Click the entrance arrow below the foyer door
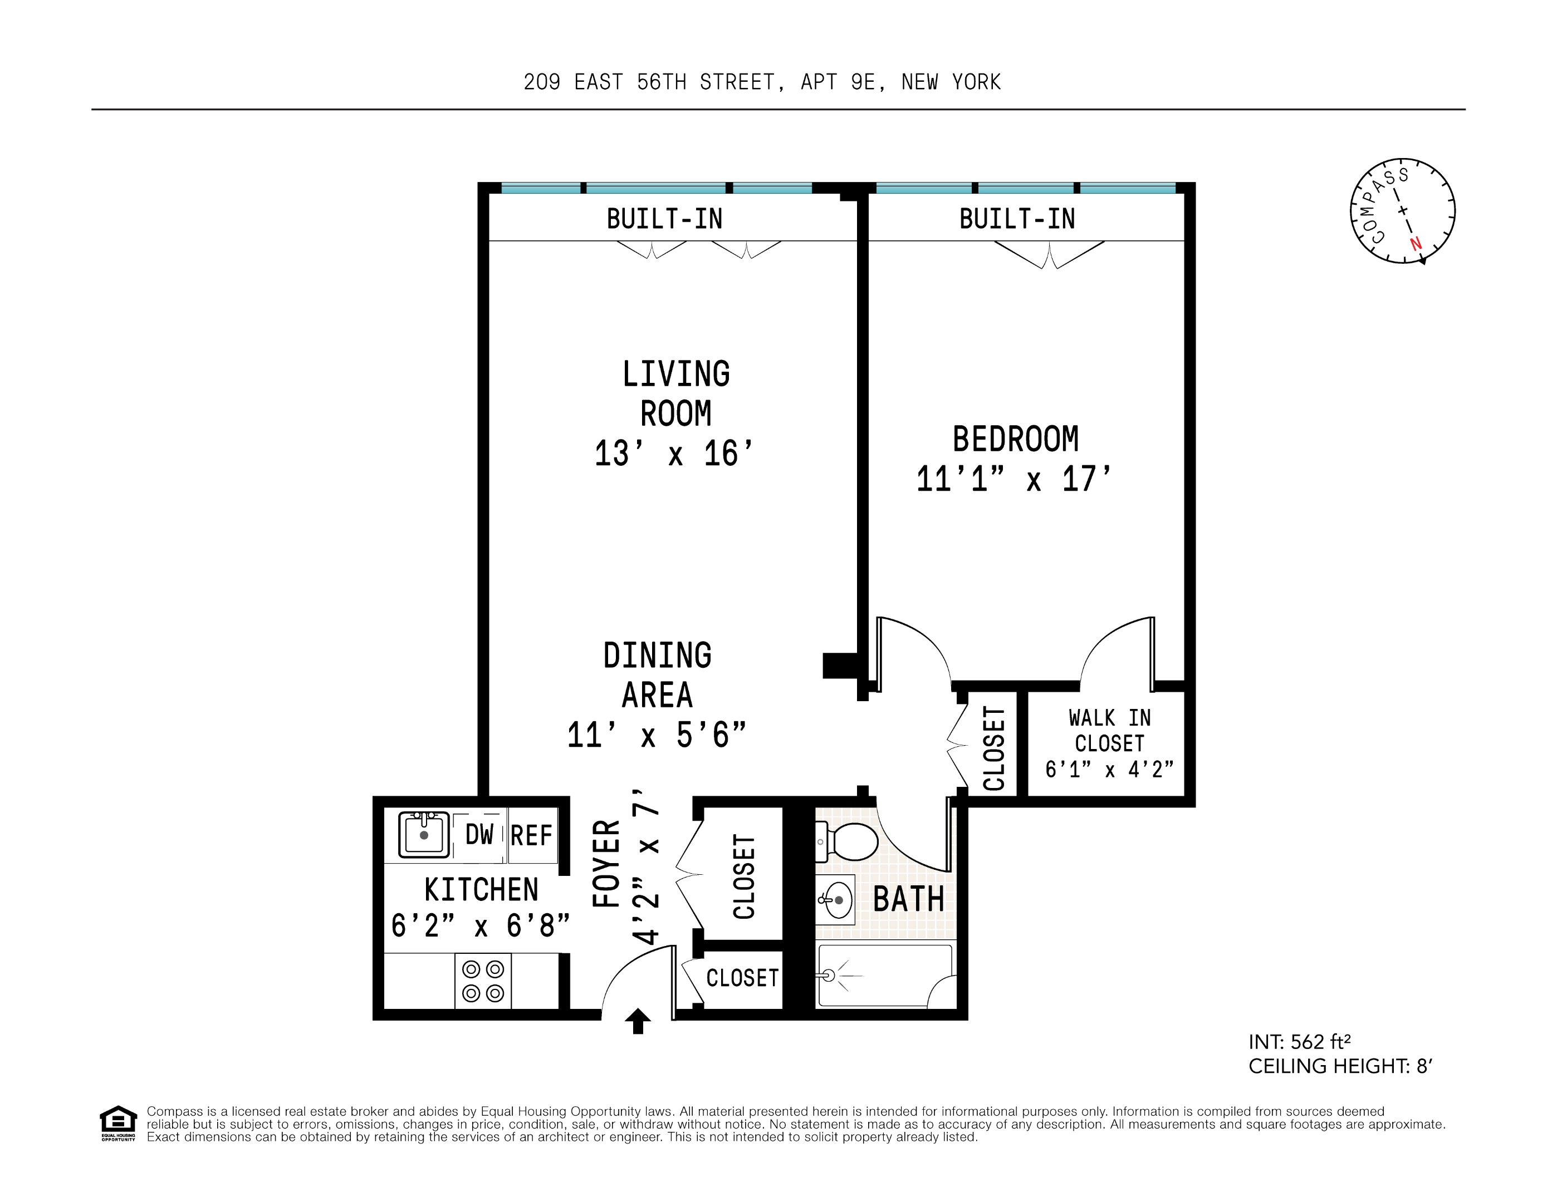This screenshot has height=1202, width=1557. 638,1021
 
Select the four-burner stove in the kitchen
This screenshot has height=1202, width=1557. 483,981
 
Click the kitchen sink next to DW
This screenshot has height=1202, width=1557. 423,834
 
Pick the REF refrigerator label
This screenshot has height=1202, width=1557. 531,835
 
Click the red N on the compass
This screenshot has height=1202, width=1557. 1415,244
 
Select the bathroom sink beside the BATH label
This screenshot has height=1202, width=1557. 835,900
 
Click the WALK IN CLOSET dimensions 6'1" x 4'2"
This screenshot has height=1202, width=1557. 1109,770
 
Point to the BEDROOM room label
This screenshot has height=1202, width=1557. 1015,439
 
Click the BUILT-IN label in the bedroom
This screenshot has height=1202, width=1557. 1017,219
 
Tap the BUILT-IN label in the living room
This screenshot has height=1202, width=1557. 664,219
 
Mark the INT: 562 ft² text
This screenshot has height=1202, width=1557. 1299,1042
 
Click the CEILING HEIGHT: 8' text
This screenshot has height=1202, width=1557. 1340,1066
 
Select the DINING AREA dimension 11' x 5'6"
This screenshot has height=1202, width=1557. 657,735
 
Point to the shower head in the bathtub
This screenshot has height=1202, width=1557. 829,976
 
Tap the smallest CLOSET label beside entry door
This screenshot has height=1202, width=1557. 742,978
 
